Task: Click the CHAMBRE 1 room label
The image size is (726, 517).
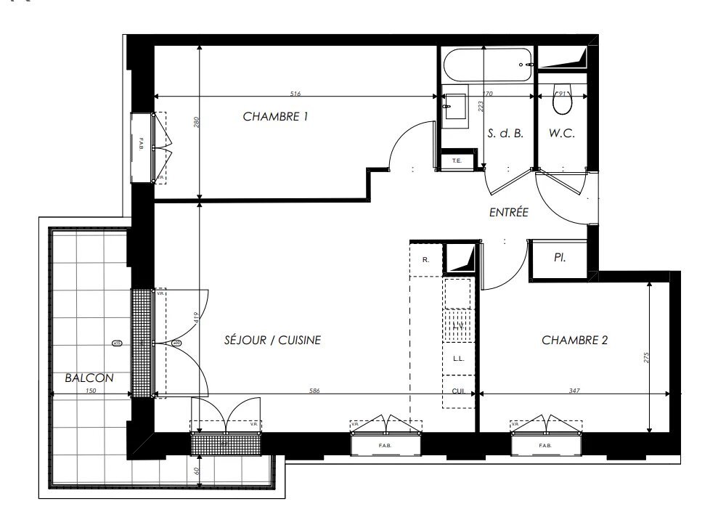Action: [275, 116]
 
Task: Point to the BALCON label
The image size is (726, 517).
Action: [88, 378]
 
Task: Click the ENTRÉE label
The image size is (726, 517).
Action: [508, 213]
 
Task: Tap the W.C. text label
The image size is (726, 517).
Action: [562, 134]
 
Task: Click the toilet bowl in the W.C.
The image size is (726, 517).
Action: [562, 102]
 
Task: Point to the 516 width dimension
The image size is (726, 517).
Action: [295, 94]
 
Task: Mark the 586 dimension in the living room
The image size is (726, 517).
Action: [314, 391]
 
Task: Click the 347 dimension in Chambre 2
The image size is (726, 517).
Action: [574, 391]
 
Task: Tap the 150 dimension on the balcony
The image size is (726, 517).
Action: [90, 391]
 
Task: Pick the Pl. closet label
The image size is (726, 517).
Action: [560, 257]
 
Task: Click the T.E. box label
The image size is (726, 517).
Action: [457, 160]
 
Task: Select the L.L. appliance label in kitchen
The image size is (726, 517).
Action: [458, 359]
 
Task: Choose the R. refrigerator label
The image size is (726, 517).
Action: [425, 259]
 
